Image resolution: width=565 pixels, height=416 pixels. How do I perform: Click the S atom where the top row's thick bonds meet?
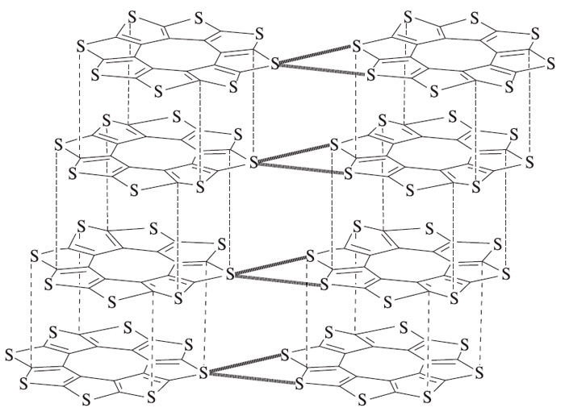(276, 61)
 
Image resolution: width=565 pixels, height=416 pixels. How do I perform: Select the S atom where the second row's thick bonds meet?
(254, 162)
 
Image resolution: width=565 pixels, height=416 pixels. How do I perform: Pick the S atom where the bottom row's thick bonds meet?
(203, 373)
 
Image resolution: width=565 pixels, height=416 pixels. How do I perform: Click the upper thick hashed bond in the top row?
(316, 53)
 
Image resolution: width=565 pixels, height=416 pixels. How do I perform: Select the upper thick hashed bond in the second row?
(293, 153)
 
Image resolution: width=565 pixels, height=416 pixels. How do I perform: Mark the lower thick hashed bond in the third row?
(276, 280)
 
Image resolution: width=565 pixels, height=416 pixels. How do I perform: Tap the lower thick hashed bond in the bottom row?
(246, 379)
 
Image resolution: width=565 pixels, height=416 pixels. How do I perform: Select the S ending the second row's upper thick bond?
(335, 145)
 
